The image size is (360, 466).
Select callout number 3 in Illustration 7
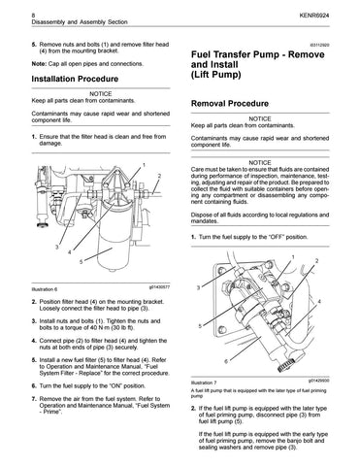pos(198,287)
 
